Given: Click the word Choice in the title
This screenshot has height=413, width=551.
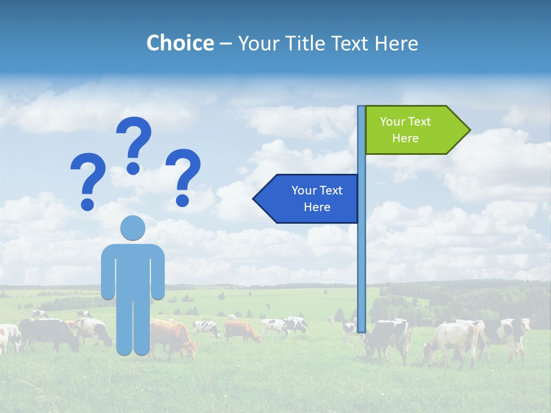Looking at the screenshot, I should point(180,43).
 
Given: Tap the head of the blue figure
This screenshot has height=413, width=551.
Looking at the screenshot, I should point(133,228).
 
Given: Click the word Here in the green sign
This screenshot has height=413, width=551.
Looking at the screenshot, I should point(405,138).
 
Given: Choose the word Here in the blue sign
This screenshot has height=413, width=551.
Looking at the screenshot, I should point(317,207).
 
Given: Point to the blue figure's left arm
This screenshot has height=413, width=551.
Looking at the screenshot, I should point(108,272).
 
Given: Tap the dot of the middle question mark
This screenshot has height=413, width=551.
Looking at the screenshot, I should point(133,167).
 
